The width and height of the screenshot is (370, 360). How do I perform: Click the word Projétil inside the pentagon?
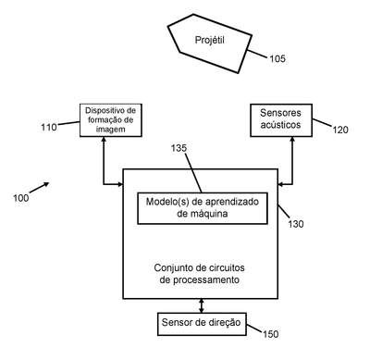210,41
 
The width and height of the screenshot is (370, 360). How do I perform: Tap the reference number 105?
277,58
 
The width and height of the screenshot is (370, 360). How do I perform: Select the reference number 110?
49,127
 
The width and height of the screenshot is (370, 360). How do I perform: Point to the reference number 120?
340,130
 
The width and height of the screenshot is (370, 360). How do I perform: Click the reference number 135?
179,148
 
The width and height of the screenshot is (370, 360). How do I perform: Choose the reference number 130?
296,224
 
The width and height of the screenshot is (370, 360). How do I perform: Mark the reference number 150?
270,334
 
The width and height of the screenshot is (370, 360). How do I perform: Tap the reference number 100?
21,198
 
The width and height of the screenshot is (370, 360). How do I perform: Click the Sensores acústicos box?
281,120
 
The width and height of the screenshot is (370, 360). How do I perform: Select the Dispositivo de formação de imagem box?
111,120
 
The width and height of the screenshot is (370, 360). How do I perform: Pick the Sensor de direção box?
202,324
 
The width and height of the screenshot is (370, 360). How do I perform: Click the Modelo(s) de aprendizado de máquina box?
203,208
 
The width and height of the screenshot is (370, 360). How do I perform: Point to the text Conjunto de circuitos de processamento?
200,274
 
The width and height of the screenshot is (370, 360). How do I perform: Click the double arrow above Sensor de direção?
202,305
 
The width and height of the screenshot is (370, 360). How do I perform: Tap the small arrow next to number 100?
39,187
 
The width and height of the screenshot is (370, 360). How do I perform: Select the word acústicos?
280,125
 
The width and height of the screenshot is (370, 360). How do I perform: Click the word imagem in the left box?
111,129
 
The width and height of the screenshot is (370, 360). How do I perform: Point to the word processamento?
206,280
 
